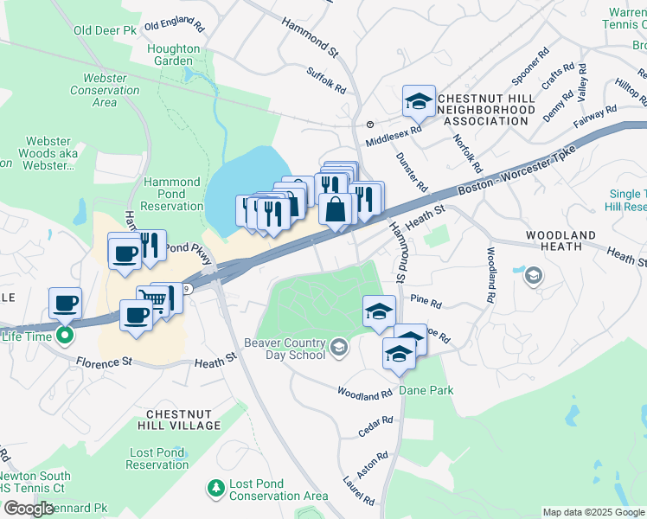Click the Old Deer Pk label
(x=106, y=30)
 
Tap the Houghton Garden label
(x=173, y=55)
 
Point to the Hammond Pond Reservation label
(x=172, y=195)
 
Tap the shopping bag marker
(x=335, y=208)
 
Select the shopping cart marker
(x=152, y=302)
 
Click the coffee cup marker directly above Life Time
(x=65, y=304)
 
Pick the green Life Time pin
(x=64, y=336)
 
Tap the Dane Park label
(x=426, y=391)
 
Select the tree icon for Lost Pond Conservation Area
(x=215, y=490)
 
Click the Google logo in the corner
(x=29, y=508)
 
